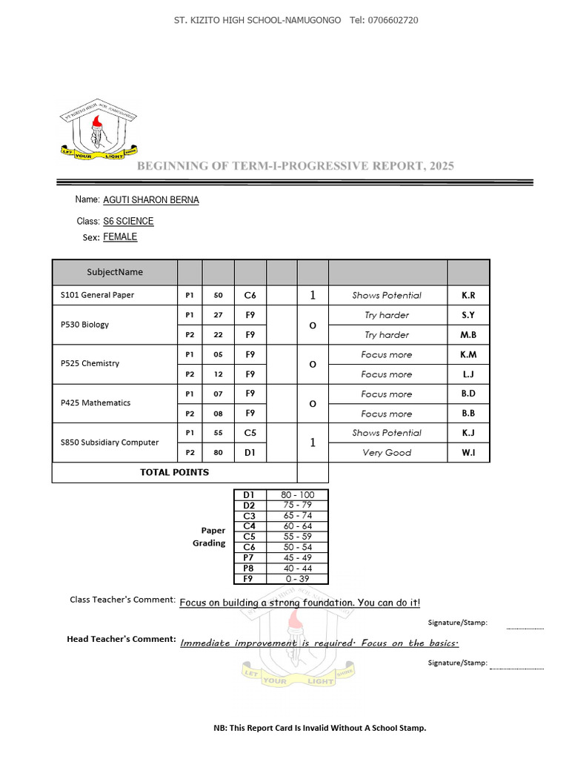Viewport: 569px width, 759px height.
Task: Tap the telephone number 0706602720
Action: tap(393, 20)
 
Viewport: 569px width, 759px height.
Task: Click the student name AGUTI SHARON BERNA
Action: tap(151, 200)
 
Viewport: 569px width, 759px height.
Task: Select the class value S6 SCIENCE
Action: tap(128, 221)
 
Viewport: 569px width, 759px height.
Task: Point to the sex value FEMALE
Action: tap(120, 237)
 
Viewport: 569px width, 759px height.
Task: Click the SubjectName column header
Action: tap(115, 272)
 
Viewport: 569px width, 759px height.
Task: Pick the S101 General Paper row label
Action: tap(97, 295)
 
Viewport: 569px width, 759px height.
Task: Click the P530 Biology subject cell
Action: tap(84, 325)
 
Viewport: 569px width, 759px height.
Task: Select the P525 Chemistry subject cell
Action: tap(90, 364)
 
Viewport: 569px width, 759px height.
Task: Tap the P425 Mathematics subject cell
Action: tap(96, 403)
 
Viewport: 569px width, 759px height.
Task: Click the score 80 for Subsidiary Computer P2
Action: tap(218, 452)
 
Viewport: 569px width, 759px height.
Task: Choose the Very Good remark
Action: tap(387, 452)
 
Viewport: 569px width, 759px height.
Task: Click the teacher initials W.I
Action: tap(468, 452)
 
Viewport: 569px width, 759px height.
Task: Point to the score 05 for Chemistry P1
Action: tap(218, 354)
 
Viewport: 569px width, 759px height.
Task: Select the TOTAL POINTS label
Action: tap(174, 472)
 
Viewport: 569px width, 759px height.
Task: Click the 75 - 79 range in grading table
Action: tap(297, 505)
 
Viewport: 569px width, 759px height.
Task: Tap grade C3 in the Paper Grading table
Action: tap(249, 515)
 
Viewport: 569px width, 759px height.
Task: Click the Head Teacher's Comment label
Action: tap(122, 639)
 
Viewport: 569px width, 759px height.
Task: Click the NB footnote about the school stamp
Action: tap(319, 728)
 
